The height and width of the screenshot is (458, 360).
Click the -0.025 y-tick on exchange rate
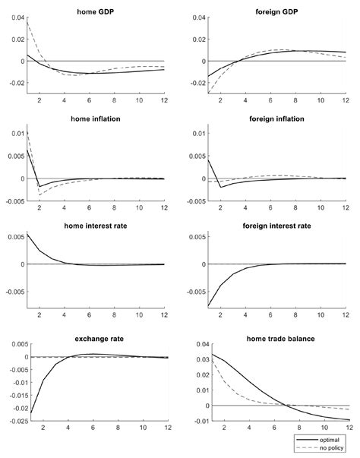13,420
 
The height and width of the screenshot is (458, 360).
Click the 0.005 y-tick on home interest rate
13,237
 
